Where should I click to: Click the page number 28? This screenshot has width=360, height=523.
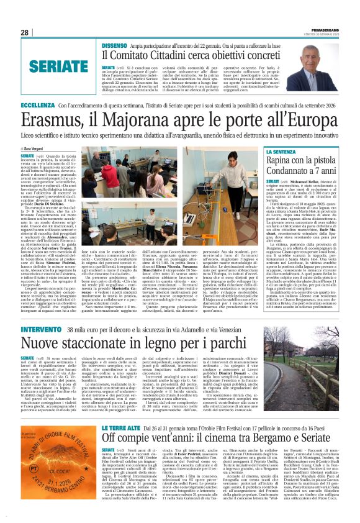(x=24, y=32)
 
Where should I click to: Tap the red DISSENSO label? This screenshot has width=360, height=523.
(x=114, y=45)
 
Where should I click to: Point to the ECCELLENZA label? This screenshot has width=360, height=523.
(x=37, y=106)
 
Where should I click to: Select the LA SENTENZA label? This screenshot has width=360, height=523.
(x=289, y=151)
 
